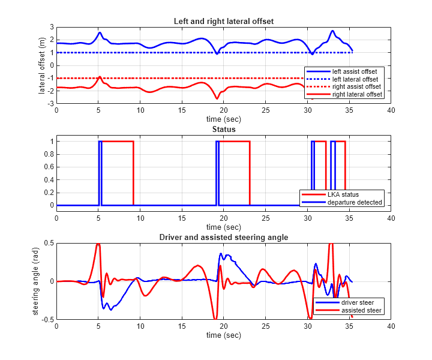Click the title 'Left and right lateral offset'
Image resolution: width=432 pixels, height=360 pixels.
tap(223, 21)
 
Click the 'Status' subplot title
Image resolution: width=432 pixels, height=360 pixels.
tap(223, 129)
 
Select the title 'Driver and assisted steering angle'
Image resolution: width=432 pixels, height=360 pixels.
tap(223, 237)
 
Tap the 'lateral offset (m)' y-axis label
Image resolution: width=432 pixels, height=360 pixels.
tap(42, 65)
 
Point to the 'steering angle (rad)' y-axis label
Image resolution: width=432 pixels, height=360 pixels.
tap(36, 281)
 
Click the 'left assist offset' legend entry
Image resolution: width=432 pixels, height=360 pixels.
tap(355, 71)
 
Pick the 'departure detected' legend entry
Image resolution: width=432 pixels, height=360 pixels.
tap(353, 203)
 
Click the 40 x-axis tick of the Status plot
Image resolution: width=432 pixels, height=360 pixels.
tap(391, 218)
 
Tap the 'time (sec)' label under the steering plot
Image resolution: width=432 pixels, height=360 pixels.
tap(223, 335)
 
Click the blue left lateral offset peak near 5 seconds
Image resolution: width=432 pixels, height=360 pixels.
tap(100, 32)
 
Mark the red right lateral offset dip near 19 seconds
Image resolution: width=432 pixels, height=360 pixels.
tap(217, 98)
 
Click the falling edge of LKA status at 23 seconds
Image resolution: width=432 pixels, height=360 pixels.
tap(250, 174)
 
